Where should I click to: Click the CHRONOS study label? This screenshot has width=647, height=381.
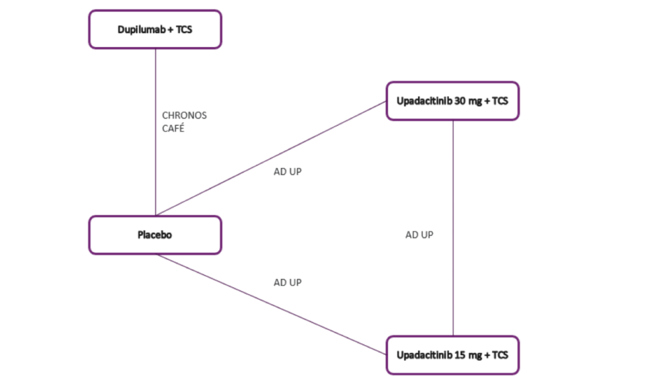point(184,115)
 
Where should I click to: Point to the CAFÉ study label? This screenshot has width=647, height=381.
point(173,128)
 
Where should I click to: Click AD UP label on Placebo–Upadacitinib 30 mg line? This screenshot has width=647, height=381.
point(288,171)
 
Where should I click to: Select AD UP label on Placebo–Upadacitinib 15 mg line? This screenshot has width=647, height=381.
point(288,282)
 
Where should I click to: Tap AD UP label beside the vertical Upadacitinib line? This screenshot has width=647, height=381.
point(419,235)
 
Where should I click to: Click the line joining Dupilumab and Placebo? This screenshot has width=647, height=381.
point(156,169)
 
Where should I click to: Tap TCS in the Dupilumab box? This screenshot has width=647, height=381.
point(184,30)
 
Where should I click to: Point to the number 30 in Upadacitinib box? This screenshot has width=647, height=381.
point(460,101)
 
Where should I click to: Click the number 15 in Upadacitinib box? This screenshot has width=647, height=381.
point(460,355)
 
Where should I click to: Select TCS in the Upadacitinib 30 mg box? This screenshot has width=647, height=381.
point(500,101)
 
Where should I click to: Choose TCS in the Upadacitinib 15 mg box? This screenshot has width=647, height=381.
point(500,355)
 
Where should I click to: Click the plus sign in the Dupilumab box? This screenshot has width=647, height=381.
point(170,30)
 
